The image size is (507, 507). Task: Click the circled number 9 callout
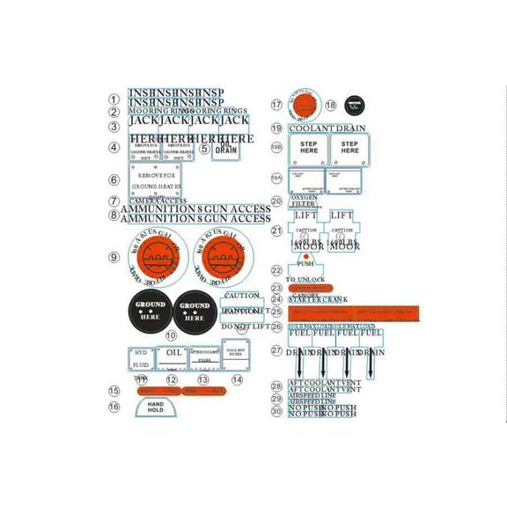point(114,257)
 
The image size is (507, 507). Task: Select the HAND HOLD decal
point(156,407)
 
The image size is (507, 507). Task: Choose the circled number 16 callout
point(114,407)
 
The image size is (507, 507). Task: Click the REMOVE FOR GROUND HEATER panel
point(156,180)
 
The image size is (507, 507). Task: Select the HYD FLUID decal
point(141,359)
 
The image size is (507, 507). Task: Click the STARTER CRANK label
point(318,299)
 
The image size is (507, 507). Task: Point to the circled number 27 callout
point(276,350)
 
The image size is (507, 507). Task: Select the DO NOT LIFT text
point(246,327)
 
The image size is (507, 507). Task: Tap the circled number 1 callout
point(114,100)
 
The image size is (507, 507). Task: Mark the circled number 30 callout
point(276,411)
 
